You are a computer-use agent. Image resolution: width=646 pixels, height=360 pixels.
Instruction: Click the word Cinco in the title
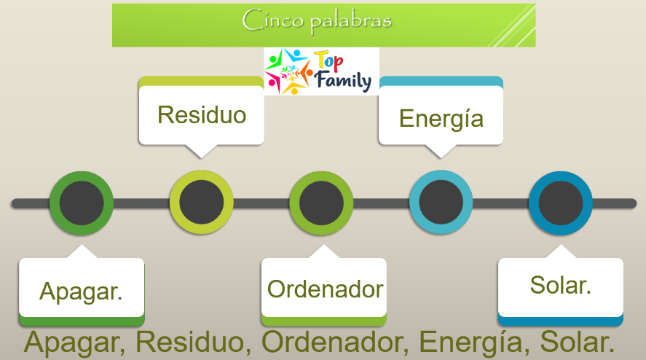click(x=272, y=20)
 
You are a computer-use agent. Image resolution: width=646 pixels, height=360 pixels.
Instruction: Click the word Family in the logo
click(x=343, y=80)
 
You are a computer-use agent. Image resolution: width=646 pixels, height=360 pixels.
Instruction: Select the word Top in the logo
click(x=328, y=61)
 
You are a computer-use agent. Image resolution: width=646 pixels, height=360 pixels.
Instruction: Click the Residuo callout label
click(x=202, y=114)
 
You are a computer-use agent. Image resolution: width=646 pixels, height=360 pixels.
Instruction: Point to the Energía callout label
click(x=441, y=118)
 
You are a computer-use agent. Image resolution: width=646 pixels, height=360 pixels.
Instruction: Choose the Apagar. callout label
click(x=81, y=291)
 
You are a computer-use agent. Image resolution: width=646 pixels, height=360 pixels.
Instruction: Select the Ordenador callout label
click(x=326, y=289)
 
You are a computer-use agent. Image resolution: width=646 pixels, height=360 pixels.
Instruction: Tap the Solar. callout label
click(x=560, y=285)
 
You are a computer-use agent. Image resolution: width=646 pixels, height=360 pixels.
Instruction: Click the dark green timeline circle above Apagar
click(x=82, y=203)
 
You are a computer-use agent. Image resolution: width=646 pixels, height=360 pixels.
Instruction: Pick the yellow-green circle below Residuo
click(x=202, y=203)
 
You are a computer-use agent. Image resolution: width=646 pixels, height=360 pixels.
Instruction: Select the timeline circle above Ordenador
click(x=321, y=203)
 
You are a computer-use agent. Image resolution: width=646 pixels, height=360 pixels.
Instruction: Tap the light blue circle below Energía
click(x=441, y=203)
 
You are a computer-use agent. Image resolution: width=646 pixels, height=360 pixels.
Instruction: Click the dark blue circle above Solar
click(x=561, y=203)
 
